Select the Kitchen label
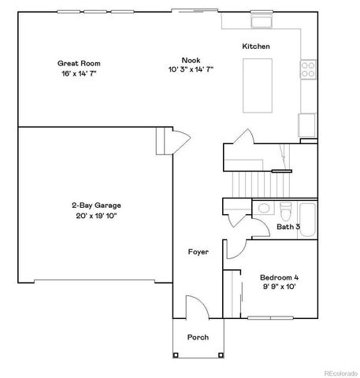[256, 46]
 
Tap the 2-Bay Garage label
[95, 206]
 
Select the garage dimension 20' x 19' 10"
[95, 216]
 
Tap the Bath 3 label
[288, 227]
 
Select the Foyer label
[198, 252]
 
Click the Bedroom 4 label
[279, 278]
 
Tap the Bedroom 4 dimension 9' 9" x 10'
[279, 287]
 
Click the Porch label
[197, 337]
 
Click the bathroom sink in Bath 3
[265, 209]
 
